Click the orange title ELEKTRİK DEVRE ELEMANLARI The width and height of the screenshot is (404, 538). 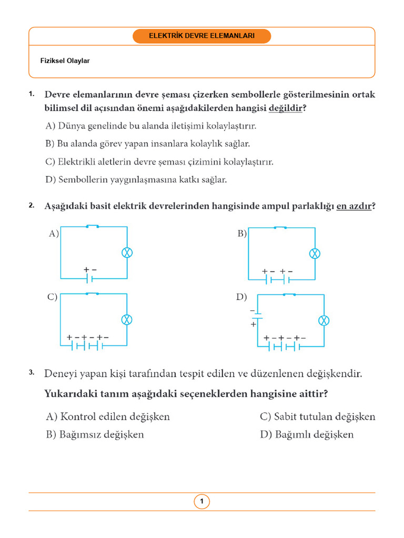click(x=201, y=36)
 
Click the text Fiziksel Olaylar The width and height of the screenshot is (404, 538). click(x=65, y=61)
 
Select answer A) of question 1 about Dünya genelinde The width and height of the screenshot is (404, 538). click(x=151, y=126)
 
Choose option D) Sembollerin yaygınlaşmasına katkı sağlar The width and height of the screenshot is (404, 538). click(x=136, y=180)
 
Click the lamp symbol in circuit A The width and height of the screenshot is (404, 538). click(x=127, y=253)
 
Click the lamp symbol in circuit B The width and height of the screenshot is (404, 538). click(x=315, y=254)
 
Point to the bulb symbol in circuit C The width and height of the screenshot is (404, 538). click(x=127, y=319)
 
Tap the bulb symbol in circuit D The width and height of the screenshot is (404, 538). click(x=325, y=320)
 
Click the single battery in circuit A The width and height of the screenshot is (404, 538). click(x=90, y=278)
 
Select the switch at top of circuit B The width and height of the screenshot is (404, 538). click(x=280, y=227)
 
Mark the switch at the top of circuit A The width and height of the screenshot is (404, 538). click(x=93, y=226)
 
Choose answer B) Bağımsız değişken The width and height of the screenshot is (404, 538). click(x=95, y=434)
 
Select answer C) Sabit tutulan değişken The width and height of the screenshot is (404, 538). click(x=317, y=417)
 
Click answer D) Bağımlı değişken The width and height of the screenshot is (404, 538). click(x=307, y=434)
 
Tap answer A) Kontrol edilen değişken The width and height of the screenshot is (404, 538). click(x=108, y=417)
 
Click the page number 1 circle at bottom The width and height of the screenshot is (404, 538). click(x=201, y=502)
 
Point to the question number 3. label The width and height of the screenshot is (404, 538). click(x=32, y=373)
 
